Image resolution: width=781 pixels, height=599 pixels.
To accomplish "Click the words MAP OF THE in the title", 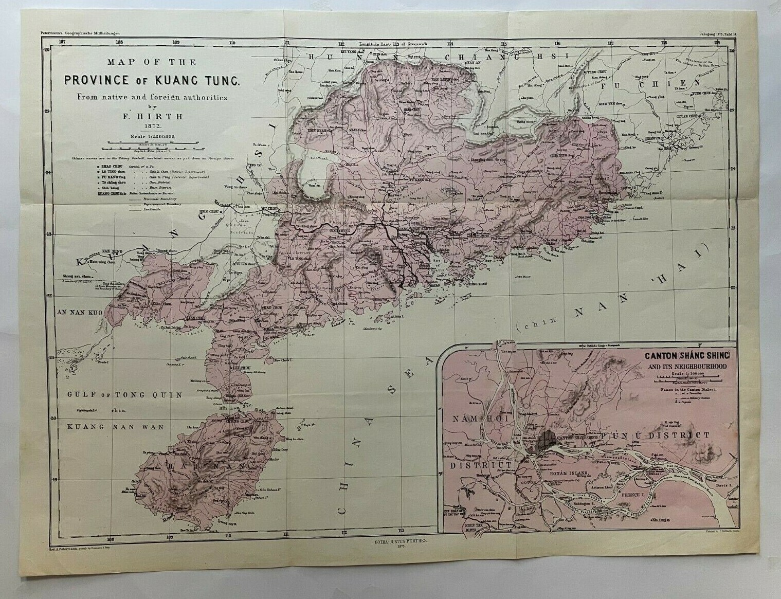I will (x=152, y=63).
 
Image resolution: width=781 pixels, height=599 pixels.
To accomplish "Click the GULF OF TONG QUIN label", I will (x=124, y=395).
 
